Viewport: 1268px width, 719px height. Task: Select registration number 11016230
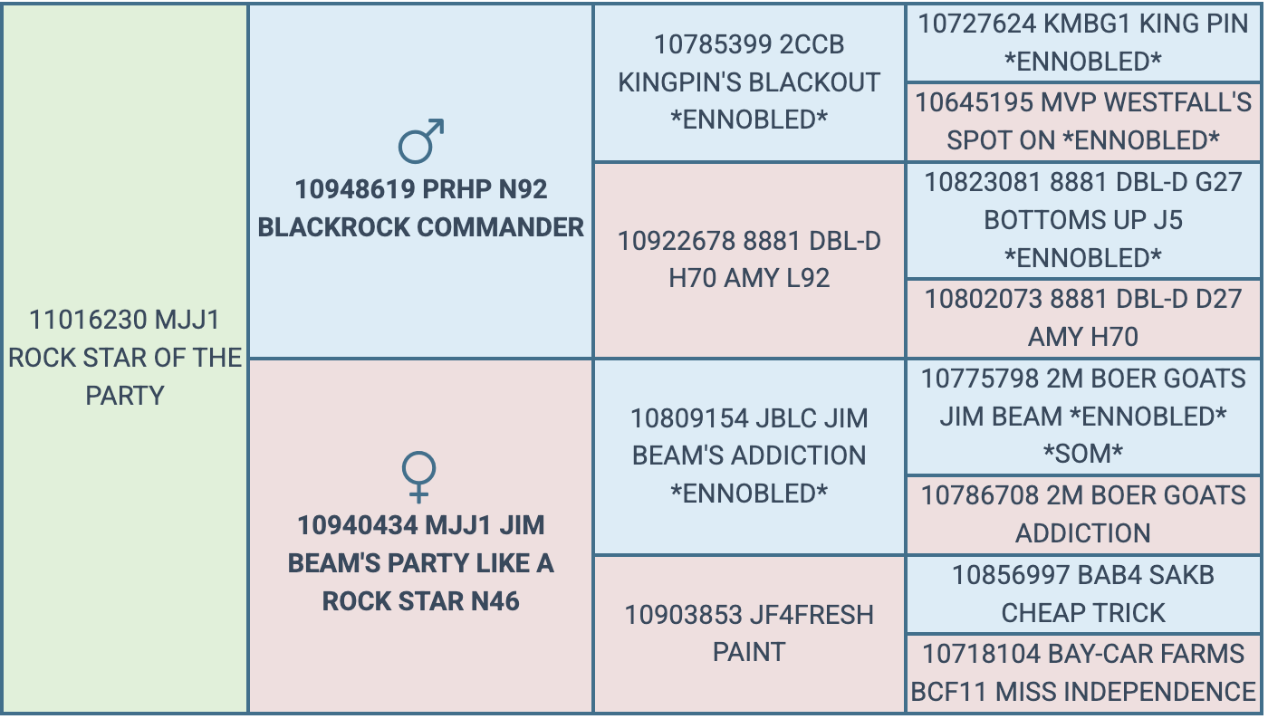(88, 320)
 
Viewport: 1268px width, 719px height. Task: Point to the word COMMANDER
(500, 227)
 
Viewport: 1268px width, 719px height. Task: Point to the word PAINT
(749, 652)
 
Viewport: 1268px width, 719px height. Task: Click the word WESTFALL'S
(1177, 102)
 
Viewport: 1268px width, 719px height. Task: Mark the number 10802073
(984, 299)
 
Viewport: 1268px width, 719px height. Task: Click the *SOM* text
(1083, 454)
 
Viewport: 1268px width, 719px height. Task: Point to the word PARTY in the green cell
(125, 396)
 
